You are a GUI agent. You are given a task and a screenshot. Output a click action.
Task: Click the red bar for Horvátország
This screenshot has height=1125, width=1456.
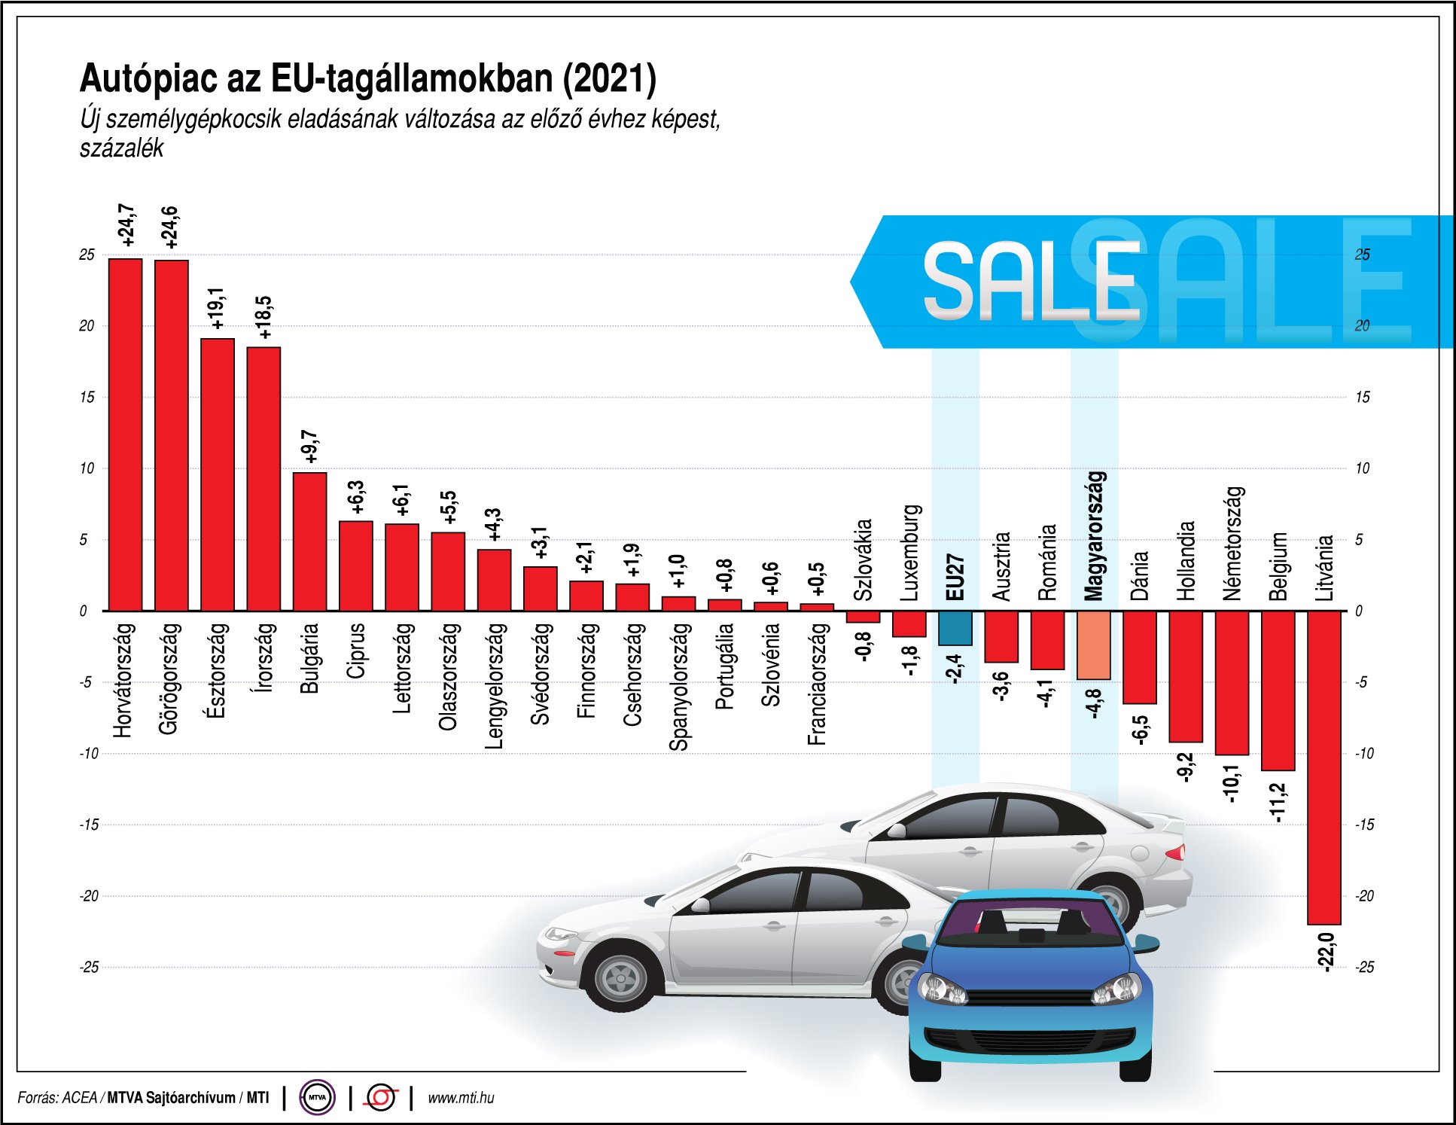125,434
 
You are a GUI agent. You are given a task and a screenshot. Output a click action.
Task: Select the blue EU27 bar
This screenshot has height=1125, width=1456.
955,628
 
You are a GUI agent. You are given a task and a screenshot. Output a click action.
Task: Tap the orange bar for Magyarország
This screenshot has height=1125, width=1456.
1093,645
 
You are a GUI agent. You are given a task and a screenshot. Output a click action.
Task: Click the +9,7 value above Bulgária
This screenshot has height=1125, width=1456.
309,447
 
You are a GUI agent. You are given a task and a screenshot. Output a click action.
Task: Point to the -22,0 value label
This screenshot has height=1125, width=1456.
1327,952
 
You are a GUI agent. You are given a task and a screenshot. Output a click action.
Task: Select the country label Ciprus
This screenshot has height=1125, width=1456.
355,651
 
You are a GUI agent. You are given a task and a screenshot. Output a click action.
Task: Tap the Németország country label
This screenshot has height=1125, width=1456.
1232,543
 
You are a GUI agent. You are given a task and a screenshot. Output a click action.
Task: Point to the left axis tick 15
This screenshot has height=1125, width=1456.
87,397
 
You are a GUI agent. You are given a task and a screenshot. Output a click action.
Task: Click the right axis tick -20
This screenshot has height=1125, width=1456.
1364,896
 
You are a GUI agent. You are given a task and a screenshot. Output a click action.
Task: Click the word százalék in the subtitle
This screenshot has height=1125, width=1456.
121,148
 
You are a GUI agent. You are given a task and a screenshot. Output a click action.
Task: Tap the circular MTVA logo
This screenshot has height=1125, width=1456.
317,1097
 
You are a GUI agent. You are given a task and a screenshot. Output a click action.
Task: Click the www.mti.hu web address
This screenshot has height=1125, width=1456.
461,1098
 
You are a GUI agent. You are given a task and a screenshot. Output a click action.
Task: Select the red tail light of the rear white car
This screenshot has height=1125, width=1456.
1175,852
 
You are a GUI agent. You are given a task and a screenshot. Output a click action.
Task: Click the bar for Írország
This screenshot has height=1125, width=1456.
263,478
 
